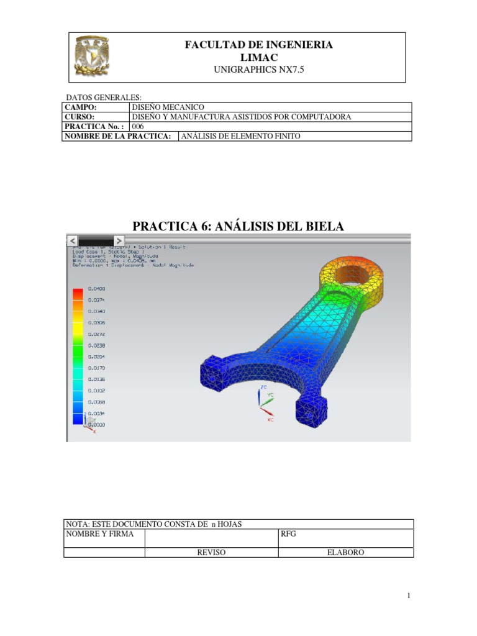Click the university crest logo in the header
pyautogui.click(x=91, y=57)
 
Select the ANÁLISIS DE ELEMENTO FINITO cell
pyautogui.click(x=240, y=136)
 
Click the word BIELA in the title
pyautogui.click(x=320, y=227)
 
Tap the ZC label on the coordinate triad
pyautogui.click(x=263, y=386)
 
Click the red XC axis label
pyautogui.click(x=270, y=420)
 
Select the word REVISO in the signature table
pyautogui.click(x=211, y=552)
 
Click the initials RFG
pyautogui.click(x=289, y=534)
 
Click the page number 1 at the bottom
pyautogui.click(x=409, y=596)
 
